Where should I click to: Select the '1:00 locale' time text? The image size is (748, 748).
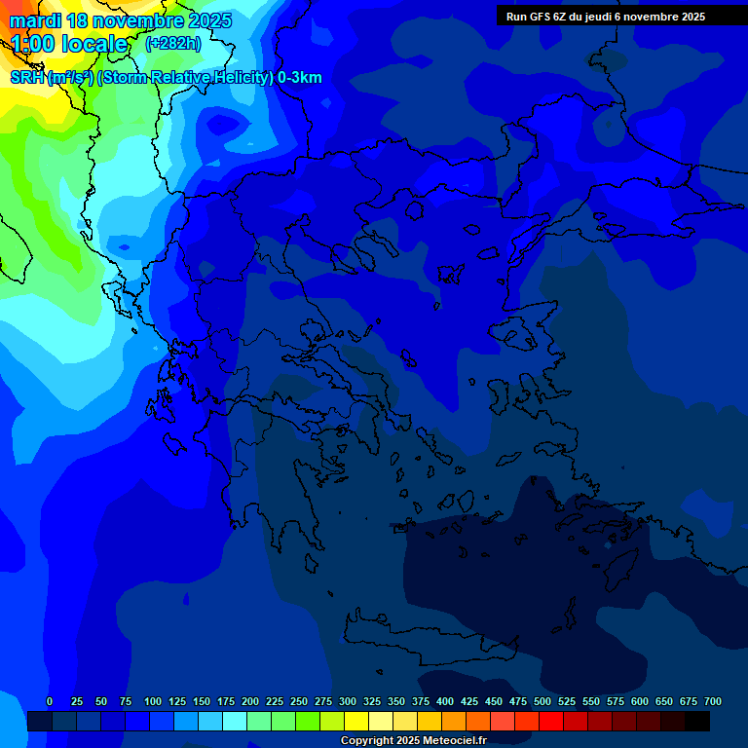point(68,44)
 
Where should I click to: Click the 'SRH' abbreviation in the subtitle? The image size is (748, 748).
point(26,78)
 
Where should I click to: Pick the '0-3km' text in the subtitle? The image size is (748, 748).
point(299,78)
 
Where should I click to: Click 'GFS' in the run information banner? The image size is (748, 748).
point(541,17)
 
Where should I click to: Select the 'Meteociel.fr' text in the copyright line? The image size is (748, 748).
point(454,741)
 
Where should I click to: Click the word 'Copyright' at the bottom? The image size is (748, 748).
point(366,741)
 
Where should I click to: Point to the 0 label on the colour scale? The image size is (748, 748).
point(50,701)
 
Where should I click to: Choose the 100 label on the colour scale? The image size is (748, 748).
point(153,701)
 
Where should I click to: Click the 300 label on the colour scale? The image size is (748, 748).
point(348,701)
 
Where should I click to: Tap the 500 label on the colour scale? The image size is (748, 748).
point(542,701)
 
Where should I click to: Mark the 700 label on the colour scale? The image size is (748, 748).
point(713,701)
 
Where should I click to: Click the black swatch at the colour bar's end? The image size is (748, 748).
point(697,721)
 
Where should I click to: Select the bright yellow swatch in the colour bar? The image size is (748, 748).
point(356,721)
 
